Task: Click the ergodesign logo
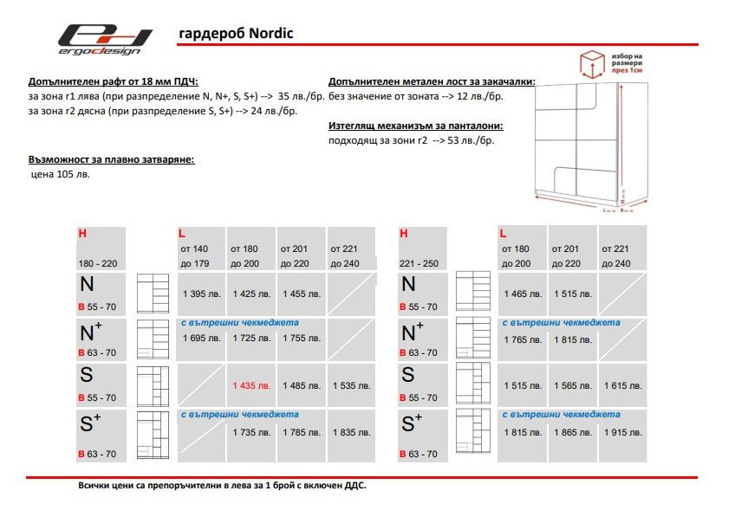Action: [x=105, y=40]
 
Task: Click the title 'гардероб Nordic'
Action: [x=236, y=34]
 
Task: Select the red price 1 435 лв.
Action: [x=251, y=385]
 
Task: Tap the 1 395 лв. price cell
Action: [x=202, y=294]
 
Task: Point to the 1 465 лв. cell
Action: [x=523, y=294]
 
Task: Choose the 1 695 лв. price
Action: [x=202, y=338]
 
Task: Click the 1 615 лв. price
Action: [x=622, y=385]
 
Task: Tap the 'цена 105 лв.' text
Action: [x=60, y=174]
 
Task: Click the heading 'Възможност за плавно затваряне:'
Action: [x=111, y=160]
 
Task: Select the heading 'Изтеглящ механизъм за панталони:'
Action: [x=416, y=126]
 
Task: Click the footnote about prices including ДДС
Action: [x=222, y=486]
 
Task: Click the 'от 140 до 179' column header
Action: [x=194, y=255]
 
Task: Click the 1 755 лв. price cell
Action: [x=302, y=338]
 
